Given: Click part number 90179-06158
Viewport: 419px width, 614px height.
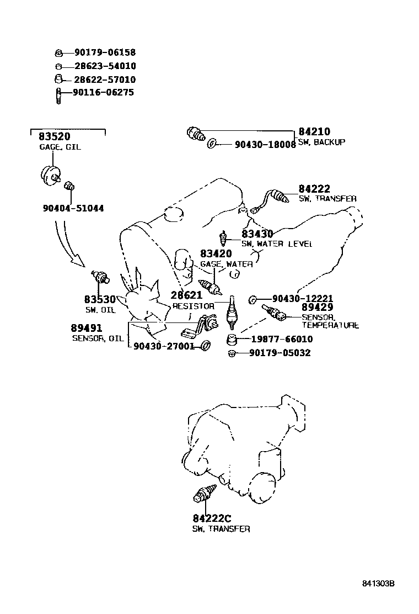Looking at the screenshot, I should (105, 53).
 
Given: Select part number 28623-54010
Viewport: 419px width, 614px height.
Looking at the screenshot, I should (105, 66).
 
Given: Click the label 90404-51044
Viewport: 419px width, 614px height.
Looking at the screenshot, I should (73, 209).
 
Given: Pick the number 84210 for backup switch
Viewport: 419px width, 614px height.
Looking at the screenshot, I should (314, 132).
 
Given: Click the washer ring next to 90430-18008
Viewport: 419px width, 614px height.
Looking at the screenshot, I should (211, 145).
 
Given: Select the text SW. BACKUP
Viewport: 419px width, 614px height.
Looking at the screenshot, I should (322, 142).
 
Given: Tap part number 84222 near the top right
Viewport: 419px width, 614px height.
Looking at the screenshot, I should (314, 189).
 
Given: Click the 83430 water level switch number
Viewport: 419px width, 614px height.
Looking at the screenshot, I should (257, 234).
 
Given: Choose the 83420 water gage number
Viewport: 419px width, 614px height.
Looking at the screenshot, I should (216, 254).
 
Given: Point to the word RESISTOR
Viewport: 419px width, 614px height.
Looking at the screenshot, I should (193, 305).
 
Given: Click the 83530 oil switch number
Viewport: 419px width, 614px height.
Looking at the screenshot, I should (100, 299).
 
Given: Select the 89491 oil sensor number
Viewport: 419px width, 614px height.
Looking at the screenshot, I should (87, 329).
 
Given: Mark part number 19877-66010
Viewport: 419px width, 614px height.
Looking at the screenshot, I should (281, 339).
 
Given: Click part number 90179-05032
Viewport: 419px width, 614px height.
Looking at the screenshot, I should (280, 353).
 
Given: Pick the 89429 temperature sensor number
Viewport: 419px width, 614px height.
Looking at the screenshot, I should (317, 308).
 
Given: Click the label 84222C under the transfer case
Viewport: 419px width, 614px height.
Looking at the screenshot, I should (212, 519).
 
